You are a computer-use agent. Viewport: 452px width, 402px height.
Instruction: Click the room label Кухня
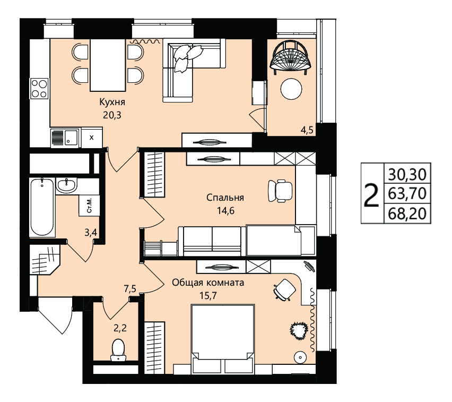pyautogui.click(x=112, y=102)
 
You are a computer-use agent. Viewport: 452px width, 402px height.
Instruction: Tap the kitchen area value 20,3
pyautogui.click(x=112, y=115)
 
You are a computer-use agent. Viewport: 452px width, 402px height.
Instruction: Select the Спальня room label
pyautogui.click(x=225, y=198)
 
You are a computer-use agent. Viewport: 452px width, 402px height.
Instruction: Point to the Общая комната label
pyautogui.click(x=208, y=283)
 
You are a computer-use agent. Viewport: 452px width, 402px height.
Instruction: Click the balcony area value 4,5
pyautogui.click(x=307, y=130)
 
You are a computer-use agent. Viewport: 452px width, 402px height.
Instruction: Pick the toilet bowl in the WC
pyautogui.click(x=118, y=350)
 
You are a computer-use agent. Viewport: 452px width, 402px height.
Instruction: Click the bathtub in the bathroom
pyautogui.click(x=42, y=207)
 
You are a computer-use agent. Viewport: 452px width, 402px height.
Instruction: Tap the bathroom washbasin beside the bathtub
pyautogui.click(x=67, y=185)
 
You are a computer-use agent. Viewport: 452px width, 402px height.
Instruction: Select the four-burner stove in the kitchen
pyautogui.click(x=39, y=89)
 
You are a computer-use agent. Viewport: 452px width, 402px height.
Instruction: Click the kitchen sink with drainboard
pyautogui.click(x=65, y=138)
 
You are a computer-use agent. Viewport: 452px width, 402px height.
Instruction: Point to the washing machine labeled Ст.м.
pyautogui.click(x=89, y=206)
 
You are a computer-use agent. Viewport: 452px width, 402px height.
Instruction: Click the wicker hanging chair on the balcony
pyautogui.click(x=291, y=57)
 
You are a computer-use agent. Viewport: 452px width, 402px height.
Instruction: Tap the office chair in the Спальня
pyautogui.click(x=280, y=191)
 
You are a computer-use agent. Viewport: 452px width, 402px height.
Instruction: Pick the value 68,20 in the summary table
pyautogui.click(x=407, y=214)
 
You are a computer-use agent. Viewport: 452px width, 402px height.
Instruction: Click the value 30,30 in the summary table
pyautogui.click(x=407, y=174)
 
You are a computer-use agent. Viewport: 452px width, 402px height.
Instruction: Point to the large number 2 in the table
pyautogui.click(x=371, y=195)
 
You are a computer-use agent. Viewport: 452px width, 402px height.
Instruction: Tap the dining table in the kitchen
pyautogui.click(x=108, y=65)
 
